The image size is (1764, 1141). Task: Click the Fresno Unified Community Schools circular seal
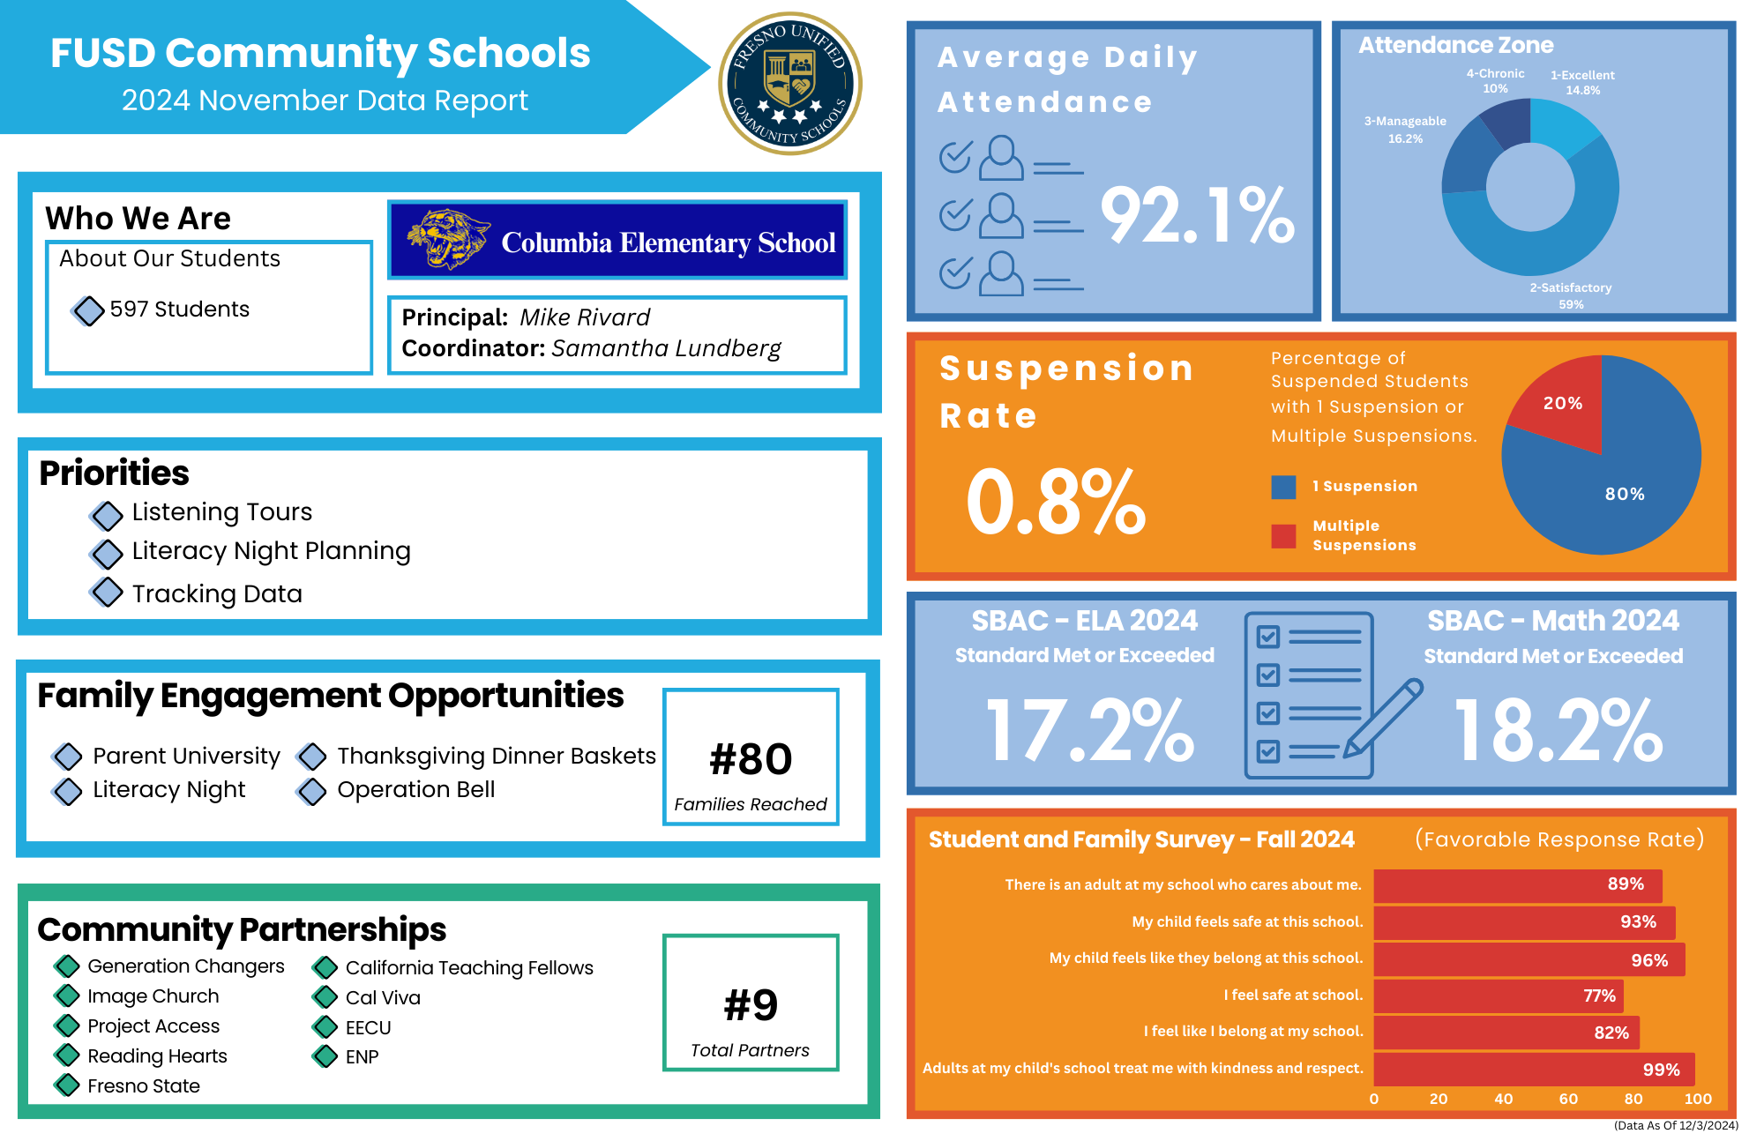click(x=790, y=84)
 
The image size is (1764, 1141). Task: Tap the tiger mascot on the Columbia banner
click(x=446, y=239)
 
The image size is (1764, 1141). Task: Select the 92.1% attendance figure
click(x=1197, y=216)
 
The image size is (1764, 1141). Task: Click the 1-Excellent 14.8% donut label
click(x=1582, y=83)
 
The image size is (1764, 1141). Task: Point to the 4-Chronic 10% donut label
click(x=1495, y=81)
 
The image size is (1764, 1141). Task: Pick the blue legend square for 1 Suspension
click(x=1283, y=487)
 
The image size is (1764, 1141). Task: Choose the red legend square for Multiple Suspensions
click(x=1283, y=536)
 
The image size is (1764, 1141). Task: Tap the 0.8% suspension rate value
click(x=1055, y=503)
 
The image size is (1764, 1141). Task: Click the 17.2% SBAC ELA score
click(x=1089, y=731)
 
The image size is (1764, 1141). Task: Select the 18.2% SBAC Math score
click(x=1558, y=731)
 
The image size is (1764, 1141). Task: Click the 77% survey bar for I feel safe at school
click(x=1498, y=996)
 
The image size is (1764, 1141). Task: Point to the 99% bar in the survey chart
click(x=1533, y=1069)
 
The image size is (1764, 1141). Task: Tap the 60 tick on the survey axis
click(x=1568, y=1099)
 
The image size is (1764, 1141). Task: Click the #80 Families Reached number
click(x=751, y=759)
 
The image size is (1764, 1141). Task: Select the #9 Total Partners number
click(x=751, y=1005)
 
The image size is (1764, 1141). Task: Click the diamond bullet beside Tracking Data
click(x=107, y=593)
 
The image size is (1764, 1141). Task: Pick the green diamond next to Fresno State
click(x=67, y=1085)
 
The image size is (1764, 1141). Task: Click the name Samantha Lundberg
click(x=666, y=348)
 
